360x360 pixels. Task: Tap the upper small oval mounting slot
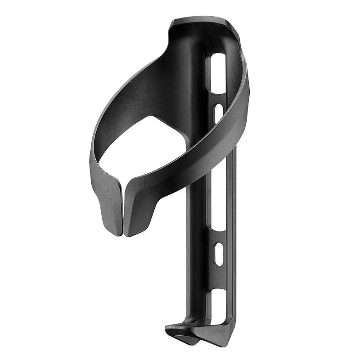[x=218, y=112]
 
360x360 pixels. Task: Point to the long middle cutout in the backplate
[x=219, y=198]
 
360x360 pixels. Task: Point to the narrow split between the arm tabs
[x=122, y=211]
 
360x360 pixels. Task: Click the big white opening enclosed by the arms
[x=144, y=148]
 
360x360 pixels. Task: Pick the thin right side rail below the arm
[x=232, y=225]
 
